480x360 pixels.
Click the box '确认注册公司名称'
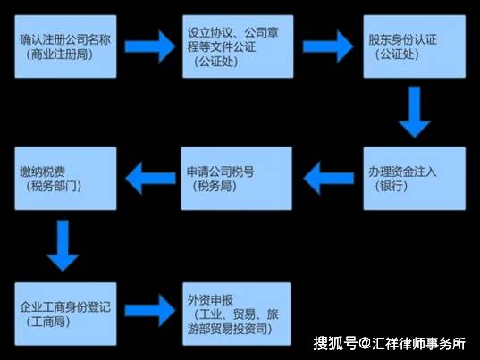(65, 46)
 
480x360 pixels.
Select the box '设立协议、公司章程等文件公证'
(238, 46)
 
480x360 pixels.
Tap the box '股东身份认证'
(415, 46)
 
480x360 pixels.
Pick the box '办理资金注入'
(415, 179)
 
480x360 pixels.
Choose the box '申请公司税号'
(236, 179)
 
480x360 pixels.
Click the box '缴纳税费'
(65, 179)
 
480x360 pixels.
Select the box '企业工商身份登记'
(65, 314)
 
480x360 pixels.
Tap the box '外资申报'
(237, 314)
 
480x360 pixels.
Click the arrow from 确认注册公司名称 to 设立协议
(149, 46)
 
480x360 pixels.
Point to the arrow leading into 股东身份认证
(328, 46)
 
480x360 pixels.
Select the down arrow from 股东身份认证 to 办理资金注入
(415, 113)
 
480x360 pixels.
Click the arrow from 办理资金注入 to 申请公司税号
(328, 179)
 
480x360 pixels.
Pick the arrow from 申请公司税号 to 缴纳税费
(150, 179)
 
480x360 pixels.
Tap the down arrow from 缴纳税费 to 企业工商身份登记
(63, 246)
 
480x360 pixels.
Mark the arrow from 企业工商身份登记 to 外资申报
(149, 311)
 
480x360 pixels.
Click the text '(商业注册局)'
(59, 54)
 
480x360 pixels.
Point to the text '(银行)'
(392, 186)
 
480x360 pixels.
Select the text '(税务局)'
(215, 186)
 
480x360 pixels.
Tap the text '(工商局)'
(48, 322)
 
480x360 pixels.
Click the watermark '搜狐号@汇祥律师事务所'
(389, 344)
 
